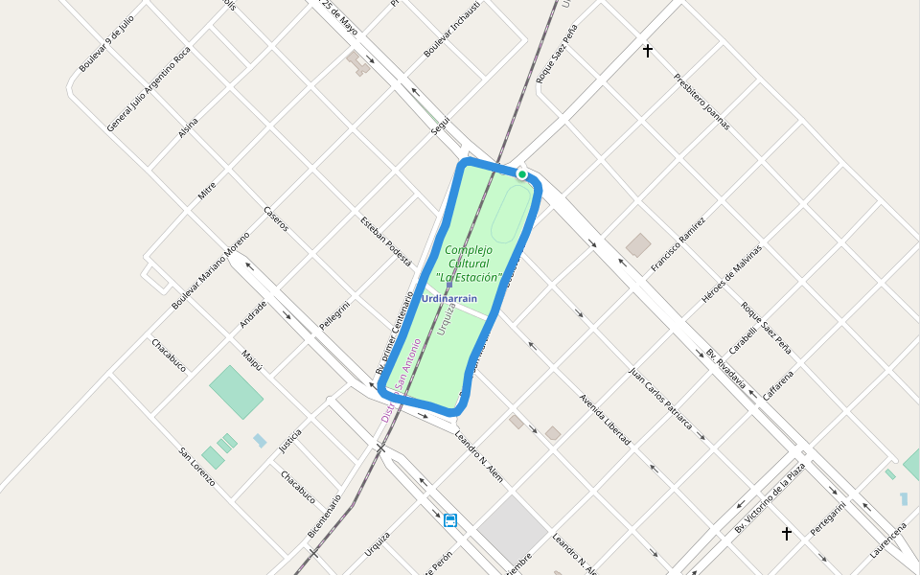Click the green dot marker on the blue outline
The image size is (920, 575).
(x=521, y=174)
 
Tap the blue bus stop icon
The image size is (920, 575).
(x=450, y=520)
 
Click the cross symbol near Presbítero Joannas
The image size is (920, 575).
(x=648, y=51)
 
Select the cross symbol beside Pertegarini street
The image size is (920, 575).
(x=787, y=533)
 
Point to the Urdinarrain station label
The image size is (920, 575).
(x=448, y=299)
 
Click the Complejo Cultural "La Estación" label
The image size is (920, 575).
(x=469, y=264)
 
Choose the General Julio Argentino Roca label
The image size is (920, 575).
(x=149, y=88)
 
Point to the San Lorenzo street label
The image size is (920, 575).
(x=196, y=467)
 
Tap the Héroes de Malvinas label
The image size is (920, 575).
(x=731, y=274)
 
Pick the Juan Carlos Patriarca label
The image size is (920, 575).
(x=660, y=396)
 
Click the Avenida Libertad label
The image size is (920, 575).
(x=605, y=419)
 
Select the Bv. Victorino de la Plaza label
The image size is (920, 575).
(x=770, y=498)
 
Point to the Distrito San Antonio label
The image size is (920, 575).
(x=401, y=381)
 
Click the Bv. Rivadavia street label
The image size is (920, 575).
(x=725, y=367)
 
